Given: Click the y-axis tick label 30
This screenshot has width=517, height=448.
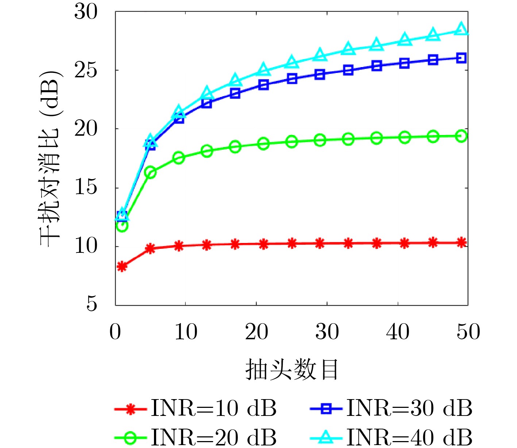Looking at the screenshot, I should [x=86, y=12].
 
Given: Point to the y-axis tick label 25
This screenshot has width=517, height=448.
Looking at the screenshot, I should [x=86, y=70].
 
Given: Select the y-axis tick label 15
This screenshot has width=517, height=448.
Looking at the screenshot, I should [x=86, y=188].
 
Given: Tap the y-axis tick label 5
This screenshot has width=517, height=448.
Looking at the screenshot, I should [x=92, y=304].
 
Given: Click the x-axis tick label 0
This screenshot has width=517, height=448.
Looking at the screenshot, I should [x=115, y=332].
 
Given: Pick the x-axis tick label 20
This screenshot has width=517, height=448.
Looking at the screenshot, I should [x=256, y=332].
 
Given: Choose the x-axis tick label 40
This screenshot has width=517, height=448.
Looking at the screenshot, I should [x=398, y=332].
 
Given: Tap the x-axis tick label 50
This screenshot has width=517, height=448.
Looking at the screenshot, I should [x=468, y=332].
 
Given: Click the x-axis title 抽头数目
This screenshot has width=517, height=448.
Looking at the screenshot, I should [x=292, y=370].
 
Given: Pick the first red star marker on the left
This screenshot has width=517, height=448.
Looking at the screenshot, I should [x=122, y=267].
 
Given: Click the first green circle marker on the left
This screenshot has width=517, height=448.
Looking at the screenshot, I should [x=122, y=226].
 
